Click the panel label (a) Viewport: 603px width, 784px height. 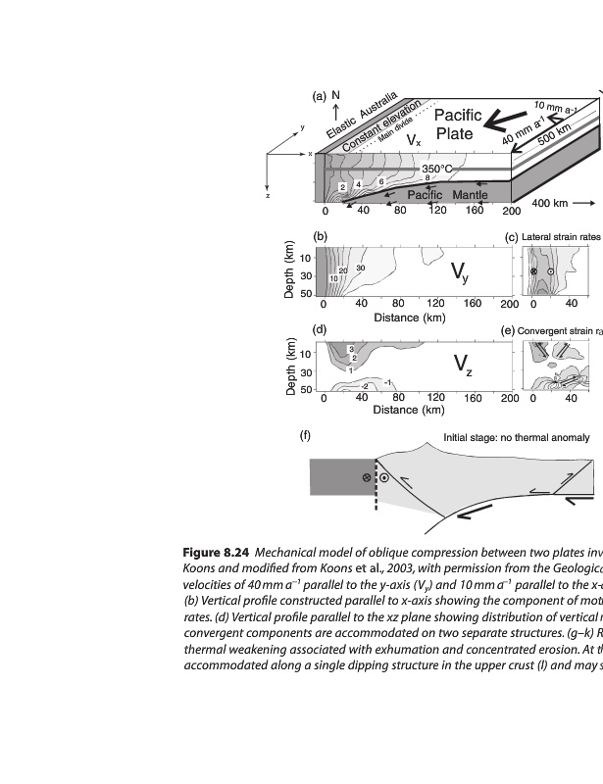coord(319,96)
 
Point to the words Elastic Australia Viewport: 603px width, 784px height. coord(362,116)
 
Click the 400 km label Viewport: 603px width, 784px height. coord(549,203)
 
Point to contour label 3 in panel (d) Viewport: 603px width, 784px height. coord(351,349)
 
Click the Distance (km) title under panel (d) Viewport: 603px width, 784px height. coord(410,410)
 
